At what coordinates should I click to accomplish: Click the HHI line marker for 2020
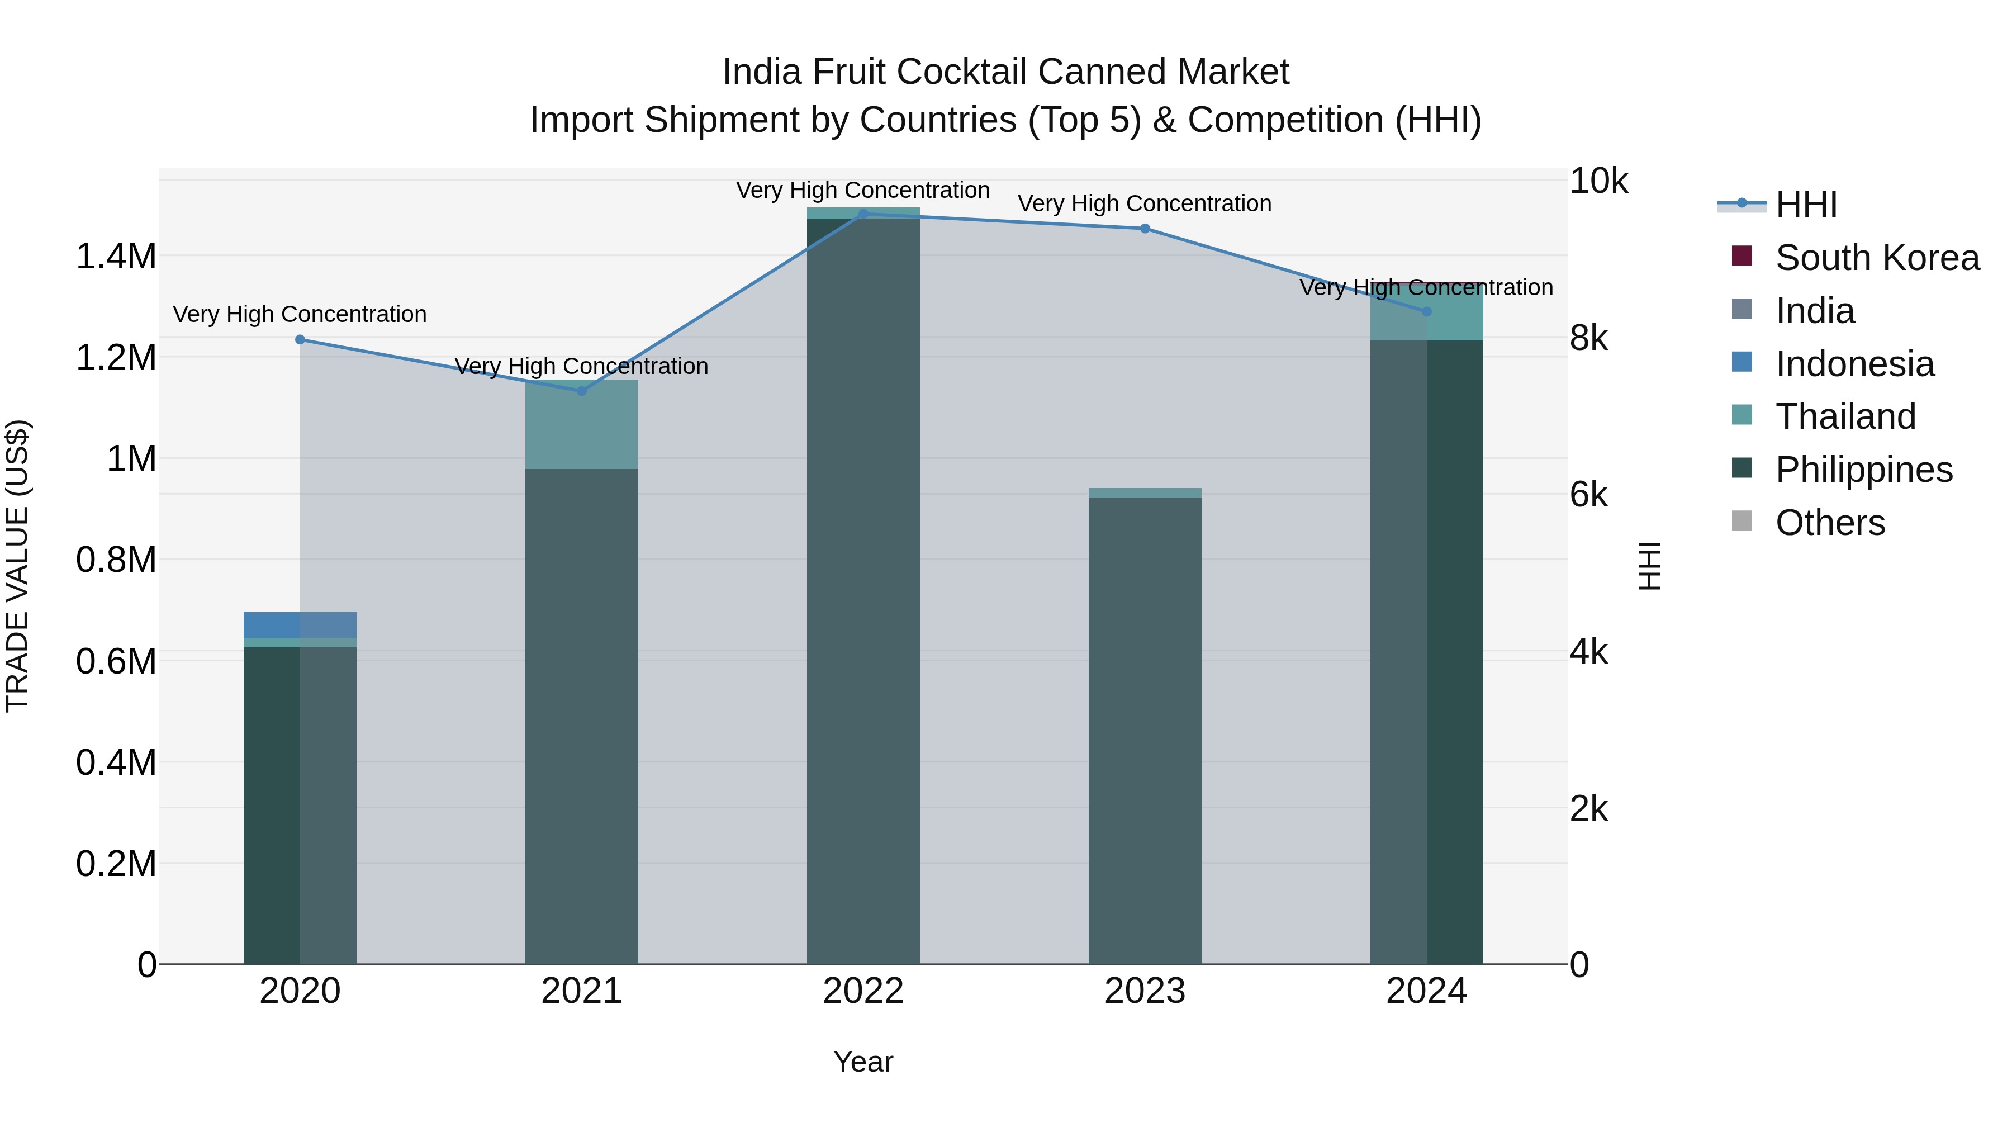(x=300, y=339)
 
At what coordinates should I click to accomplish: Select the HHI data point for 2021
(x=581, y=391)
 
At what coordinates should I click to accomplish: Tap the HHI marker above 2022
(x=863, y=214)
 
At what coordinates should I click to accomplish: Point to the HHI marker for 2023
(x=1145, y=228)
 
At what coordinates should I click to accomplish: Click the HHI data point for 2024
(x=1426, y=311)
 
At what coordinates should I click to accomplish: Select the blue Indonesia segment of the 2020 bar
(x=300, y=625)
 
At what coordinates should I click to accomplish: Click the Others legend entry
(x=1829, y=523)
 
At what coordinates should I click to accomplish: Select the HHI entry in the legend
(x=1806, y=205)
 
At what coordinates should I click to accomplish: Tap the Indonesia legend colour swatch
(x=1741, y=362)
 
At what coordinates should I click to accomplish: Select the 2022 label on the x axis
(x=863, y=991)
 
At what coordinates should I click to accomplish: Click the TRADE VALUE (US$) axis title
(x=17, y=566)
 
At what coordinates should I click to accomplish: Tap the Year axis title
(x=863, y=1062)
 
